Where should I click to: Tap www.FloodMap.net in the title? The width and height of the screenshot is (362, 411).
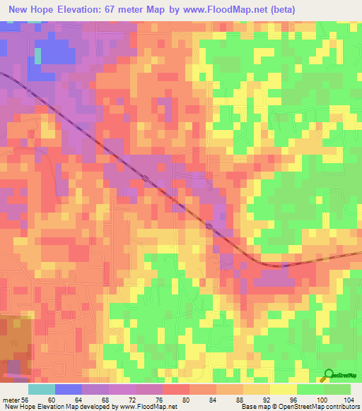[226, 10]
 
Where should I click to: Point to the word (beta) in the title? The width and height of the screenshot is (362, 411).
[279, 10]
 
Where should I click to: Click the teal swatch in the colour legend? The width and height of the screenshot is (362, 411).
[42, 389]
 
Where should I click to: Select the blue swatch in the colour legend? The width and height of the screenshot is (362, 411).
[69, 389]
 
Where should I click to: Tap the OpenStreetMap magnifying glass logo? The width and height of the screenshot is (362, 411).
[329, 375]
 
